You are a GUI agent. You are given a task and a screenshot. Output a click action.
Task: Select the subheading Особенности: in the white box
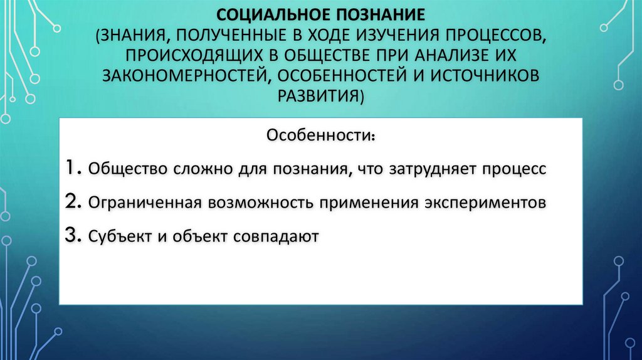320,136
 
